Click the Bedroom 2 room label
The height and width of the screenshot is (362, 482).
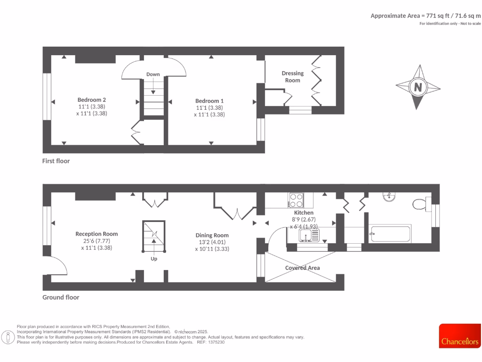[91, 100]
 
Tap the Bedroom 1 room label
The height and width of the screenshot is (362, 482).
[209, 101]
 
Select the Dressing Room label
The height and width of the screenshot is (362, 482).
[293, 76]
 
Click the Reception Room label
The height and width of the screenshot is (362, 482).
[96, 234]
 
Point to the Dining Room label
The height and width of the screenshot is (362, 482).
[212, 235]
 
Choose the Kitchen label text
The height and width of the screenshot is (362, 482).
[304, 213]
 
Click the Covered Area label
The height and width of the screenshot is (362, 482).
[302, 268]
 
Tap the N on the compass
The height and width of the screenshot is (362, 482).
[418, 87]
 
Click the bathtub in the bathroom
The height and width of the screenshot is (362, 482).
[391, 233]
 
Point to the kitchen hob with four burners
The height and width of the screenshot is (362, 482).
[297, 200]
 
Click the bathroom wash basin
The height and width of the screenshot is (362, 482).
[389, 197]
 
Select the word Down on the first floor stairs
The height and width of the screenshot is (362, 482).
[153, 74]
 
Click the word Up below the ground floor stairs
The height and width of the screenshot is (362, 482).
[154, 259]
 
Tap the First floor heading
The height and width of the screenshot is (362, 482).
[56, 161]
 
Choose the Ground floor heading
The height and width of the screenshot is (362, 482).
[61, 297]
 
